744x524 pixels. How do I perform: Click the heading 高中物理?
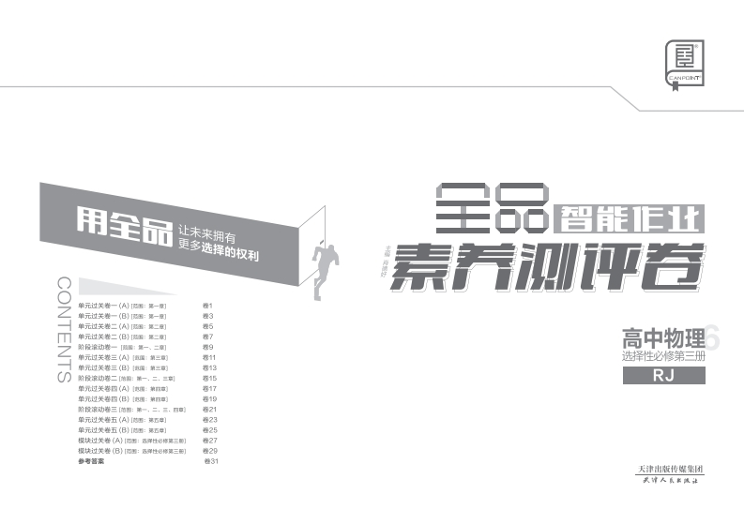click(x=662, y=337)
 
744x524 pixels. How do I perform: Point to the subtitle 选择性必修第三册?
click(x=662, y=356)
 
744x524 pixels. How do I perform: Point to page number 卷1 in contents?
click(x=208, y=306)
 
